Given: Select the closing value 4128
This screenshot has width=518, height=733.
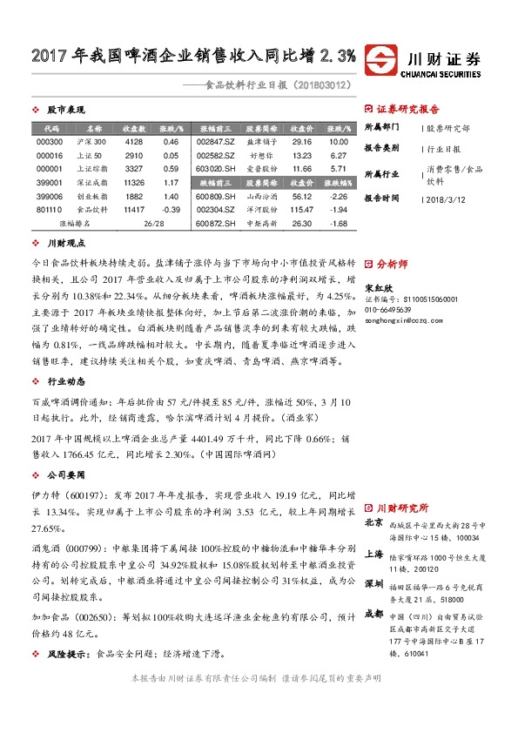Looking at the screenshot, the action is [133, 141].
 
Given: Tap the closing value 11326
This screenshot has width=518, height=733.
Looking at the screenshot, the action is [134, 183].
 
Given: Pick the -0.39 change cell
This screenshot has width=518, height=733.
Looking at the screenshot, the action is [171, 210].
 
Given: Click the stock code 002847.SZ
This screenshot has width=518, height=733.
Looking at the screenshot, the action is [216, 141].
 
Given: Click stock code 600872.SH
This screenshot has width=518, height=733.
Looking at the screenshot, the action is [216, 224].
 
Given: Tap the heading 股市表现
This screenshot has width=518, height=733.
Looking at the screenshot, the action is [64, 110].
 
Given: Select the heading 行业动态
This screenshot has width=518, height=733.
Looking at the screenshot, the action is [64, 380].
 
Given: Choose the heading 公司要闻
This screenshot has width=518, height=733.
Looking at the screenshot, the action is [64, 476].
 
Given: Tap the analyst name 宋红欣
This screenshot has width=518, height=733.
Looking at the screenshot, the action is [378, 286].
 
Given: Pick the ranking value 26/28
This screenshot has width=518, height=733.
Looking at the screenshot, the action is [153, 224].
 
